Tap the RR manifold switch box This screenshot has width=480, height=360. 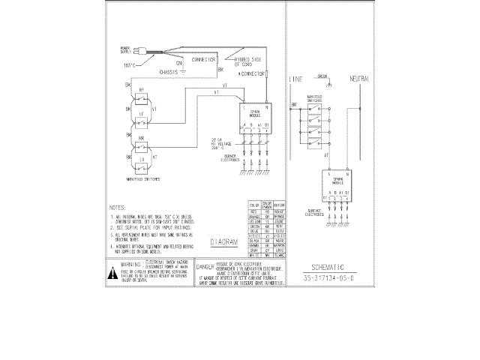142,140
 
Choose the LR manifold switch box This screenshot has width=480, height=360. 142,158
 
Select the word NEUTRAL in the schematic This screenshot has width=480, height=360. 360,79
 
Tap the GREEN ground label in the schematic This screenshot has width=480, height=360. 323,76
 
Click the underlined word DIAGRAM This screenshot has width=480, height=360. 223,242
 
